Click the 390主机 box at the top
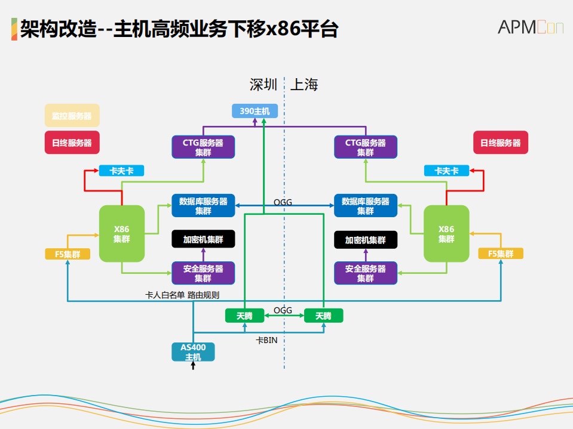point(255,111)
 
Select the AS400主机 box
point(193,352)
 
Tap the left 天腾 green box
point(244,316)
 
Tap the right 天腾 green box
point(323,316)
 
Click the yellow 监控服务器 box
point(72,116)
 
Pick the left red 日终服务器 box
point(72,143)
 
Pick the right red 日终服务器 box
point(500,143)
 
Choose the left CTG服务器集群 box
point(203,147)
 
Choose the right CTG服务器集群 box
point(365,147)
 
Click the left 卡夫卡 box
point(121,171)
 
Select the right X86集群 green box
point(446,233)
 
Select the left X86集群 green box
point(121,233)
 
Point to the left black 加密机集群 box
point(203,239)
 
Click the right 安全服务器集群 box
point(365,273)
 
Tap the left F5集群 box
point(68,254)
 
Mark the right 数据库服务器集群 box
point(365,206)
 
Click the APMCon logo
point(530,27)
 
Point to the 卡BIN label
point(266,340)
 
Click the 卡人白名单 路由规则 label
point(182,295)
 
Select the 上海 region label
point(304,85)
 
